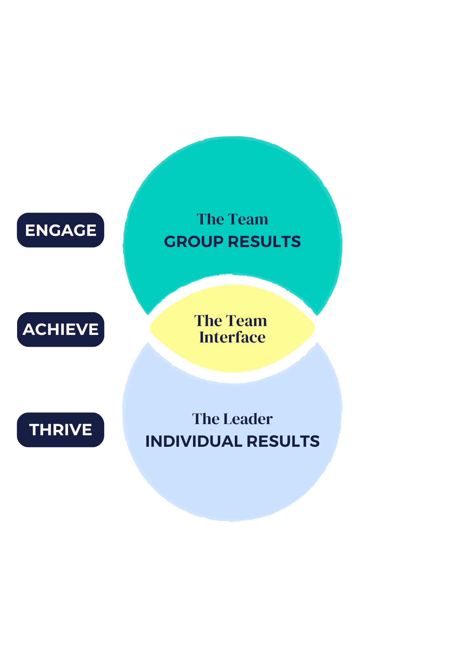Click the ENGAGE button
pyautogui.click(x=61, y=230)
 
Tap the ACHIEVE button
pyautogui.click(x=61, y=329)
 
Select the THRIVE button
pyautogui.click(x=61, y=430)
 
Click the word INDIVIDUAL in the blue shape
pyautogui.click(x=193, y=442)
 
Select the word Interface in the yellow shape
pyautogui.click(x=232, y=337)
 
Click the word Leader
pyautogui.click(x=248, y=419)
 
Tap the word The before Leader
pyautogui.click(x=206, y=419)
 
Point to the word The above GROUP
pyautogui.click(x=210, y=219)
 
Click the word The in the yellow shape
pyautogui.click(x=208, y=321)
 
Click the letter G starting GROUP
pyautogui.click(x=170, y=242)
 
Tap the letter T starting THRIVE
pyautogui.click(x=34, y=430)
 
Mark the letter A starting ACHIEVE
pyautogui.click(x=28, y=329)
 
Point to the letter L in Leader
pyautogui.click(x=228, y=419)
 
